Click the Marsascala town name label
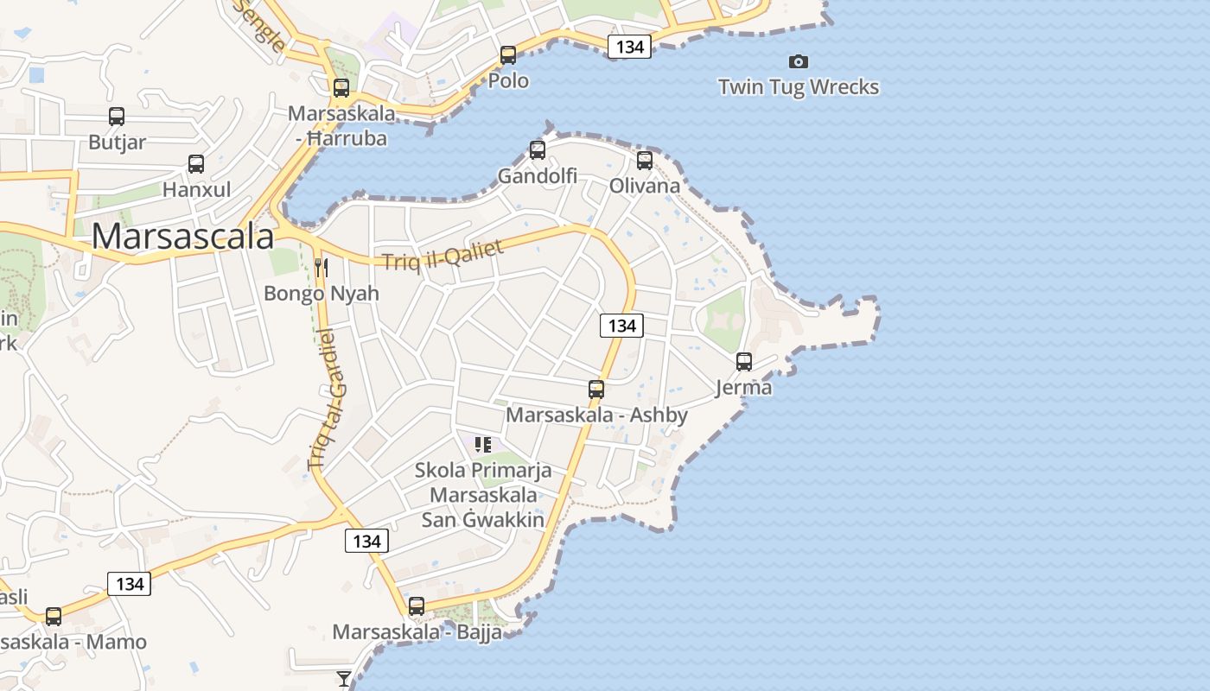(x=182, y=237)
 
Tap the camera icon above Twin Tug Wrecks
(x=799, y=61)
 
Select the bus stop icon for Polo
(x=508, y=55)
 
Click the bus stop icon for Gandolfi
(x=538, y=150)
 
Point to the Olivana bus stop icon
(x=644, y=160)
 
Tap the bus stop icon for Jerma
(x=744, y=362)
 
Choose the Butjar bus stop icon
(x=117, y=117)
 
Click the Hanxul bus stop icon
(x=196, y=163)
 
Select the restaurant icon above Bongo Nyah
(x=322, y=267)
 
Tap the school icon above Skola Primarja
(x=483, y=445)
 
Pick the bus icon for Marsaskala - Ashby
(x=596, y=390)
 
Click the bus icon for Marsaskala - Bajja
(x=417, y=606)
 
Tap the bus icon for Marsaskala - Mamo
(x=54, y=616)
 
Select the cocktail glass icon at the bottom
(x=344, y=679)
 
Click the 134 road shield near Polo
(x=629, y=47)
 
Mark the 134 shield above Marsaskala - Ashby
(x=621, y=326)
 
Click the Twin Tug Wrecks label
(x=799, y=87)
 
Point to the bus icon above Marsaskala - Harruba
(x=341, y=87)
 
